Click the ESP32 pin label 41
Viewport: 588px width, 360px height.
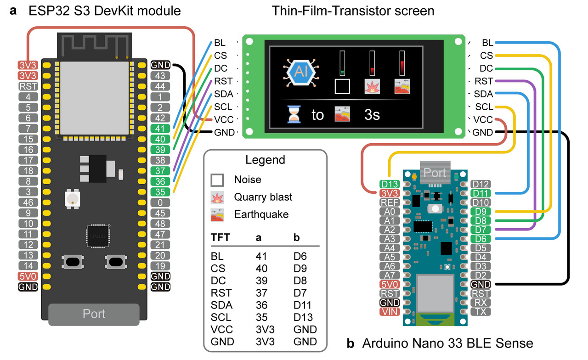160,129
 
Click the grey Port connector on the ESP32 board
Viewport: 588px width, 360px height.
94,314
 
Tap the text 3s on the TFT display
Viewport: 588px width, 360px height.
372,114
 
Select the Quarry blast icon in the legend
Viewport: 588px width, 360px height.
217,197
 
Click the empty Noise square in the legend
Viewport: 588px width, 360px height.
217,180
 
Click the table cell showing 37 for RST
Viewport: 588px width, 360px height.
261,292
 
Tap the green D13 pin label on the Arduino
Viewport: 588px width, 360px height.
390,184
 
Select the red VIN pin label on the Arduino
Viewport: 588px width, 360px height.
390,312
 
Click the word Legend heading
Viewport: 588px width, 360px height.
265,160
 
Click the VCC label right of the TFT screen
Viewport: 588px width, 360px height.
483,120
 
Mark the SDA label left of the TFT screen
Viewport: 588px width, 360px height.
224,94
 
